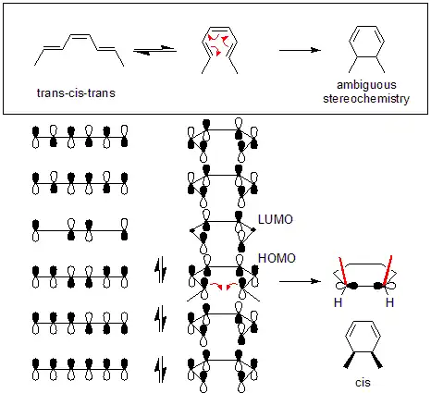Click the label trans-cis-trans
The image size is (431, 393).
pos(76,92)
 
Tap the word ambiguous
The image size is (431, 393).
pos(366,85)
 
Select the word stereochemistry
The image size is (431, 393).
pos(366,99)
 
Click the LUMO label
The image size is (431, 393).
pos(276,219)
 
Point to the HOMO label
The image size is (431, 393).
pos(277,258)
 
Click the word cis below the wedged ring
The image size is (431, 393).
pos(363,383)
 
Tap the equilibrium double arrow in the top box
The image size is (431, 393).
pos(154,50)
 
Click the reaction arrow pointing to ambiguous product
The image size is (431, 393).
pos(300,50)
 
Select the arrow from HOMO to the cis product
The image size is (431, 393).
pos(300,281)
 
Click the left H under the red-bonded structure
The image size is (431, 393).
pos(338,302)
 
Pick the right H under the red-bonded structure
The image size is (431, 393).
pos(389,302)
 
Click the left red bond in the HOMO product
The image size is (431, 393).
pos(343,271)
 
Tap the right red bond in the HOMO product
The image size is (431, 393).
pos(388,271)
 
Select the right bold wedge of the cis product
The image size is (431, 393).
pos(376,360)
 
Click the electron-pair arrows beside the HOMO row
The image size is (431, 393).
pos(160,271)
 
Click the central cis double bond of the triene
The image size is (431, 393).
pos(80,36)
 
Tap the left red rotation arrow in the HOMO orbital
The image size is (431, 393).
pos(216,286)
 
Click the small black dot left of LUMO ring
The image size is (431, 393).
pos(191,230)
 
